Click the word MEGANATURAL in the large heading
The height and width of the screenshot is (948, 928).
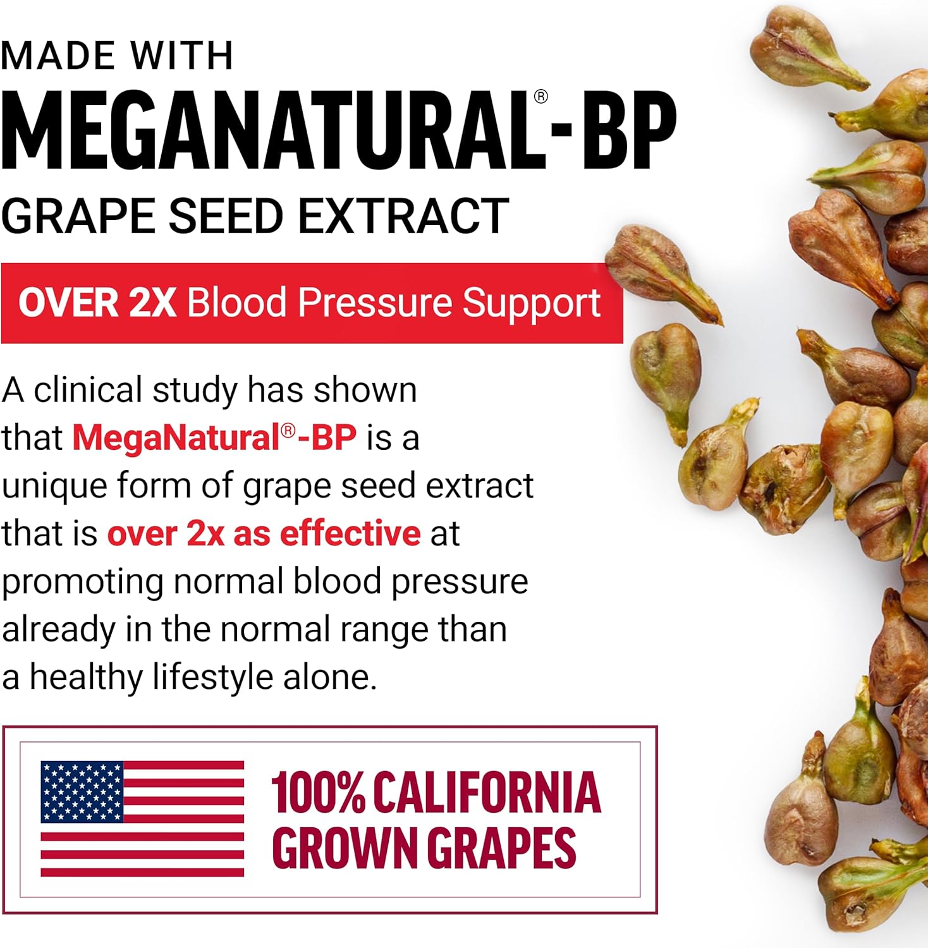pyautogui.click(x=266, y=131)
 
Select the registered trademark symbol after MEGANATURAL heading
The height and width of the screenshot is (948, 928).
pyautogui.click(x=540, y=97)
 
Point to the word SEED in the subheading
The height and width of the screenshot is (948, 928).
pyautogui.click(x=225, y=216)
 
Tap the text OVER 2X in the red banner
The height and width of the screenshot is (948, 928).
pyautogui.click(x=97, y=302)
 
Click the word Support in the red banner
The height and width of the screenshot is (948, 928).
pyautogui.click(x=531, y=303)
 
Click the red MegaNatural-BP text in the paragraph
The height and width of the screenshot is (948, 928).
pyautogui.click(x=214, y=437)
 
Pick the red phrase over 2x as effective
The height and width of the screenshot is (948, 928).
pyautogui.click(x=264, y=533)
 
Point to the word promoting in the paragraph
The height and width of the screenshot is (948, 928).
pyautogui.click(x=82, y=583)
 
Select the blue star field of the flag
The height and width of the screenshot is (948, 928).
pyautogui.click(x=82, y=791)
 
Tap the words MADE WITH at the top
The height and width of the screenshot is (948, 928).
pyautogui.click(x=118, y=56)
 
